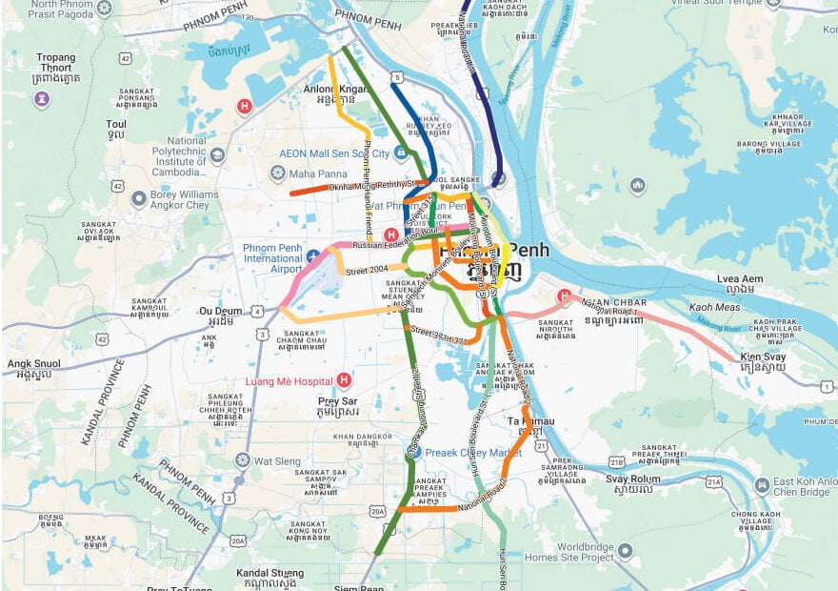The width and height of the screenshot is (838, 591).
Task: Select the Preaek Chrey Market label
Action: click(x=473, y=453)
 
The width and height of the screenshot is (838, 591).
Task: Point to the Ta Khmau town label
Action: click(x=530, y=420)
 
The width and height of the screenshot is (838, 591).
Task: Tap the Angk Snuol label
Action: click(x=33, y=363)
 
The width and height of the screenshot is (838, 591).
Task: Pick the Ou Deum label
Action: click(x=219, y=312)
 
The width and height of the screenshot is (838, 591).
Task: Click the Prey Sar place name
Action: click(x=338, y=401)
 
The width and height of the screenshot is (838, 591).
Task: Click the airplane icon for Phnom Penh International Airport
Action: click(x=312, y=255)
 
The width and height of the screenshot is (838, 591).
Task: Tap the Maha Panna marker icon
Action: click(x=277, y=173)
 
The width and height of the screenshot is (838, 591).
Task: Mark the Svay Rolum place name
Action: click(x=632, y=479)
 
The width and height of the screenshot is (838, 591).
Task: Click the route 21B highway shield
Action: click(x=616, y=461)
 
